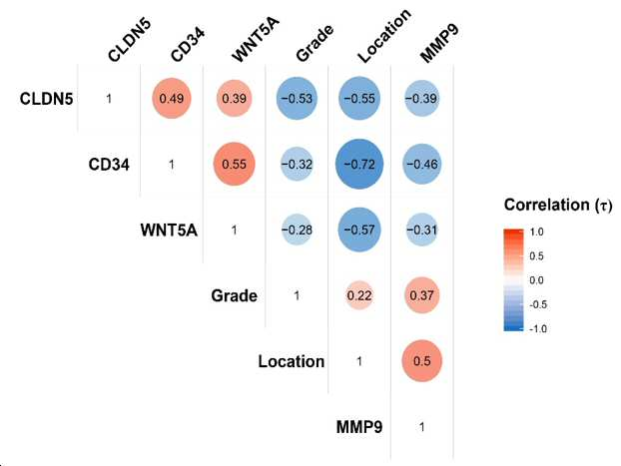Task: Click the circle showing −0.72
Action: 359,164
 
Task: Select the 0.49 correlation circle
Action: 172,98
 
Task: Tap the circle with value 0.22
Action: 359,295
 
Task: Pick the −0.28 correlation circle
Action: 297,230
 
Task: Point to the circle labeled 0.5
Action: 421,360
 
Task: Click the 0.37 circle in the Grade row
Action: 421,295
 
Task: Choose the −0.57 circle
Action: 359,230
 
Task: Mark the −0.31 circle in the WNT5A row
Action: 421,230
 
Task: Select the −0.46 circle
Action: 421,164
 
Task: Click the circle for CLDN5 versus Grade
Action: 297,98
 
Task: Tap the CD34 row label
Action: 109,165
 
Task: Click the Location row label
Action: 292,361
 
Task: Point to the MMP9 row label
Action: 359,427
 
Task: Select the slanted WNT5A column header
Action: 256,39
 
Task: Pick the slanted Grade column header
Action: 314,43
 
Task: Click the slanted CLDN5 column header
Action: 130,40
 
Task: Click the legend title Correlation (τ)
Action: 558,206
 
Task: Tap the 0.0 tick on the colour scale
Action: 537,280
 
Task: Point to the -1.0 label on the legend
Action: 538,328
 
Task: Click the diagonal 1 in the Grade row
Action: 297,295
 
